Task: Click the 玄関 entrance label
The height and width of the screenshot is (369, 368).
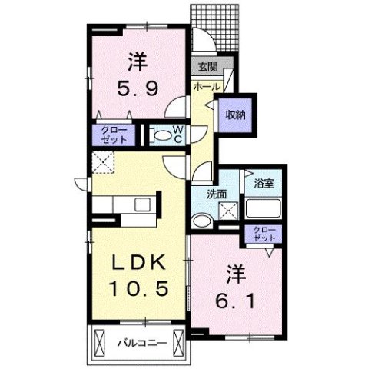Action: tap(208, 67)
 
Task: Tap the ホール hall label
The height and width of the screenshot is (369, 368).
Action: tap(207, 87)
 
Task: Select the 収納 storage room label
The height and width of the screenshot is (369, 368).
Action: tap(235, 115)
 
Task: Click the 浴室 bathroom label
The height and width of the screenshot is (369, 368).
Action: tap(264, 184)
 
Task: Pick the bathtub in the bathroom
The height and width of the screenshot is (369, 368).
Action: tap(263, 208)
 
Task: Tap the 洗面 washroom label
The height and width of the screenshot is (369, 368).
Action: tap(217, 194)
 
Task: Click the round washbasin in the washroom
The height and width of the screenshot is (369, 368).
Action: tap(202, 222)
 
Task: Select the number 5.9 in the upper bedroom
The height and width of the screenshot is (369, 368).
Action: tap(138, 88)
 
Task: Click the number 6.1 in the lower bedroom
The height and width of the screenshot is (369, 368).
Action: tap(235, 301)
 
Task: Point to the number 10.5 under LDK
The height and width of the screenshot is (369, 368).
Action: tap(139, 288)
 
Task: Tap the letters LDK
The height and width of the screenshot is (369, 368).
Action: tap(140, 262)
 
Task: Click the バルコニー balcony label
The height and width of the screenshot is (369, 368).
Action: tap(142, 343)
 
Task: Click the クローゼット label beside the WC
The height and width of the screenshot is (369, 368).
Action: tap(114, 135)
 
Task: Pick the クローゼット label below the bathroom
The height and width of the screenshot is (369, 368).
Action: tap(264, 234)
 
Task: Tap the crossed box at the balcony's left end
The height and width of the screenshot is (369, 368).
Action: tap(100, 342)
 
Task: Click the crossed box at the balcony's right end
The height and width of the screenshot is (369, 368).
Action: tap(178, 342)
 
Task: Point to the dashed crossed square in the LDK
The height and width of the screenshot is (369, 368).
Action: tap(103, 162)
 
